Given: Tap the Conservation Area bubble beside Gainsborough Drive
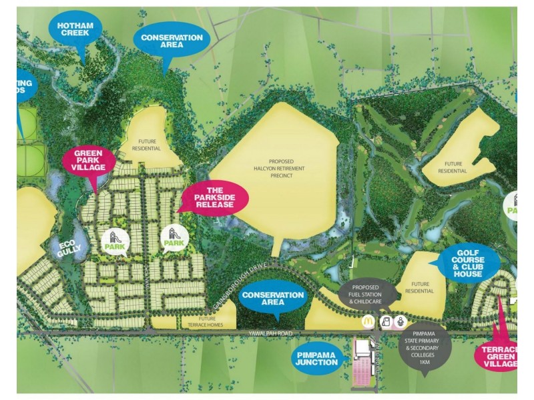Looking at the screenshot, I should click(x=273, y=298).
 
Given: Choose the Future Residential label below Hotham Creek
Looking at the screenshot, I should click(x=150, y=145).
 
